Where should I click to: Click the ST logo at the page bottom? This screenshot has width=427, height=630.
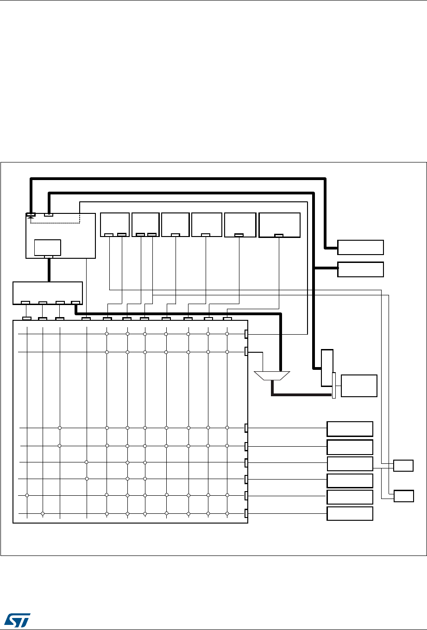17,618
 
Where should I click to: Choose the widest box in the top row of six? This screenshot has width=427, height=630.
279,225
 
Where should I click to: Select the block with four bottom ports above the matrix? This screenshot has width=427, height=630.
48,292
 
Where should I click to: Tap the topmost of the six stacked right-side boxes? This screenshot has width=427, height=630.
350,429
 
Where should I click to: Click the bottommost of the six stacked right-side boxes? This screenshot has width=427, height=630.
350,514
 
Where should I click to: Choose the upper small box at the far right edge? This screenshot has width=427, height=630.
403,465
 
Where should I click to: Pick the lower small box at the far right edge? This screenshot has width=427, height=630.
403,496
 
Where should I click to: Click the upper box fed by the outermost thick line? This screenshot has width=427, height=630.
360,247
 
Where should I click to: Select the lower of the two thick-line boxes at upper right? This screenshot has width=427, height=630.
360,269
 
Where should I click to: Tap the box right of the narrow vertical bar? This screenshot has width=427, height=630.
359,386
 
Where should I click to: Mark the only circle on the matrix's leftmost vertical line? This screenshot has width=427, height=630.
27,495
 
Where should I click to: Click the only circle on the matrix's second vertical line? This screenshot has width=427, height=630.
43,513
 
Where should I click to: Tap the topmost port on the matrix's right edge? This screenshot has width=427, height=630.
246,334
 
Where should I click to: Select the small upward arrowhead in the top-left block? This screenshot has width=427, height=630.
31,218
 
